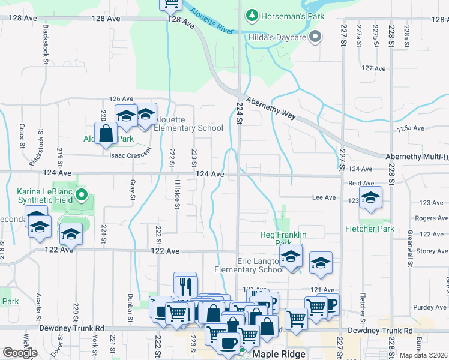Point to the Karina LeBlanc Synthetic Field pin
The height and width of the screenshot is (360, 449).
[83, 195]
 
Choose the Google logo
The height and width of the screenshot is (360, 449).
[20, 353]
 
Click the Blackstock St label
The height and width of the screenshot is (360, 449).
[45, 44]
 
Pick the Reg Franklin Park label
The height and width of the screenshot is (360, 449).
[283, 238]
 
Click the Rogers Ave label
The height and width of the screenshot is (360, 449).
[428, 218]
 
